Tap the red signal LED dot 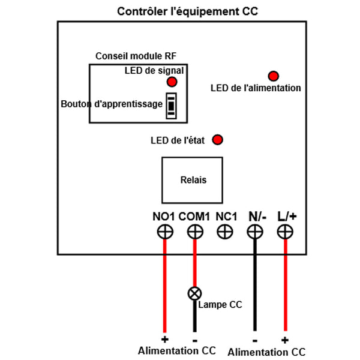click(172, 82)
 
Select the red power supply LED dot click(274, 76)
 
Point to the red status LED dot click(218, 140)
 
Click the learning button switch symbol click(172, 105)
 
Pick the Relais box click(192, 179)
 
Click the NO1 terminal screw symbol click(163, 232)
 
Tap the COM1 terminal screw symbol click(194, 232)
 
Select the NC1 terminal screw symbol click(225, 232)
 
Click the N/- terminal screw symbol click(255, 232)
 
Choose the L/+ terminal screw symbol click(285, 232)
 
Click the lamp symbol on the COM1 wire click(194, 293)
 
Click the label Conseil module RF click(136, 56)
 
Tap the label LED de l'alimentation click(256, 88)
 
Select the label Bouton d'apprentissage click(112, 104)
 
